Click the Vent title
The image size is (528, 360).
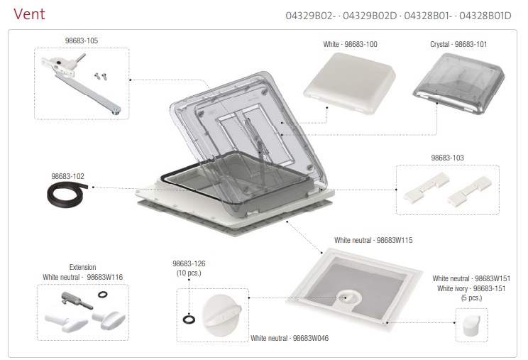(29, 14)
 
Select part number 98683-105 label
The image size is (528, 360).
(82, 40)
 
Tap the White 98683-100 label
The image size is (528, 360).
(350, 44)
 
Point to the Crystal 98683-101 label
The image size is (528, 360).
(458, 44)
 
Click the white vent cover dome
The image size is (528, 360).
(350, 83)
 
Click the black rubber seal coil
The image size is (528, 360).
(67, 195)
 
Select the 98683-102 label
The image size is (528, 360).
(67, 176)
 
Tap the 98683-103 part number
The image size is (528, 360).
(447, 158)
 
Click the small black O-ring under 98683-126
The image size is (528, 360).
(189, 319)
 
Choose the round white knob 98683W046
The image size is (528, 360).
(221, 315)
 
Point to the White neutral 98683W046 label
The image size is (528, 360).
(290, 338)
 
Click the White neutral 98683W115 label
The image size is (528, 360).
(373, 240)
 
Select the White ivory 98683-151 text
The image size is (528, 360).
(471, 288)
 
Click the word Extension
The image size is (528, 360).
(82, 267)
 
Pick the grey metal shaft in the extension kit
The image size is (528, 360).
(77, 300)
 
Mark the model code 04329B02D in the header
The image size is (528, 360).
(370, 16)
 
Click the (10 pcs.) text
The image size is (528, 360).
(189, 273)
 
